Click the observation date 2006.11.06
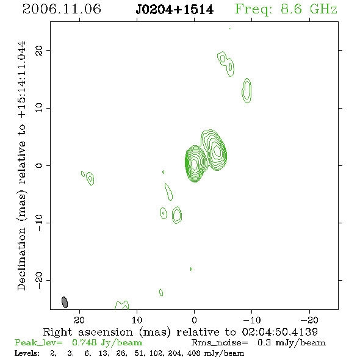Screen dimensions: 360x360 tap(62, 9)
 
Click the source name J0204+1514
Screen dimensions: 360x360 tap(175, 10)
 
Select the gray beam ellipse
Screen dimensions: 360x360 tap(65, 302)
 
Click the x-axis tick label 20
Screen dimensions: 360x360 tap(79, 320)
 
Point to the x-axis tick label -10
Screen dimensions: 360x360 tap(252, 320)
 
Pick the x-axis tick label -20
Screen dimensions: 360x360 tap(309, 320)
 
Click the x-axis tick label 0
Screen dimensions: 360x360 tap(194, 320)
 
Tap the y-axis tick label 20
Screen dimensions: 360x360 tap(39, 50)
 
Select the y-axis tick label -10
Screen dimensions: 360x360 tap(39, 223)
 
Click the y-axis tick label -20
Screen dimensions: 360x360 tap(39, 280)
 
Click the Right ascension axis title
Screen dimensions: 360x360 tap(180, 332)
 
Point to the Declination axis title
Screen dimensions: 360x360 tap(22, 165)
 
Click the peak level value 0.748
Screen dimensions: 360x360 tap(84, 342)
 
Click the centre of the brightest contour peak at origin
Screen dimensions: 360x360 tap(195, 164)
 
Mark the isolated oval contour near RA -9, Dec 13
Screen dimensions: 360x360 tap(247, 90)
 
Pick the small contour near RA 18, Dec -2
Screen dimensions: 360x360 tap(90, 179)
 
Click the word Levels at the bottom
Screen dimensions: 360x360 tap(27, 353)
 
